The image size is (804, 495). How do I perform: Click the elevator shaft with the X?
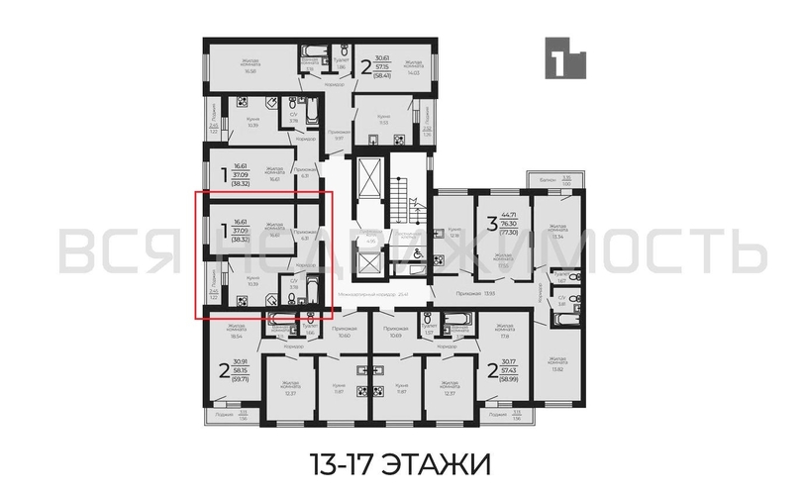[x=368, y=178]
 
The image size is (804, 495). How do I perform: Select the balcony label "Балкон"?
[x=543, y=178]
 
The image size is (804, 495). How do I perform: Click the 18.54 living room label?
[x=236, y=331]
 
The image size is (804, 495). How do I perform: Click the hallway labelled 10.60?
[x=344, y=332]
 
